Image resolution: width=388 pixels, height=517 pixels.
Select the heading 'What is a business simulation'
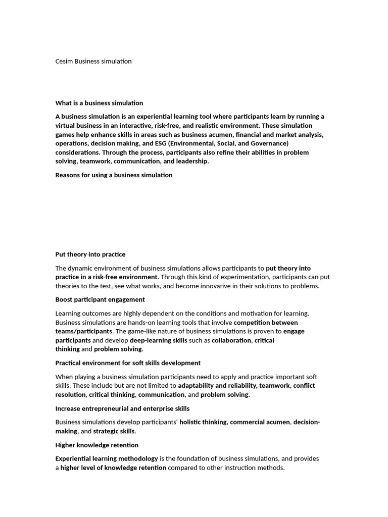coord(99,103)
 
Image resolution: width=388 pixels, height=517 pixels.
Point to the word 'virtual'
coord(65,125)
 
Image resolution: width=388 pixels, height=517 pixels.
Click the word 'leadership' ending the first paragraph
coord(190,161)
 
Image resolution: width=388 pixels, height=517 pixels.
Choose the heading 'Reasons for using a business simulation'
coord(114,175)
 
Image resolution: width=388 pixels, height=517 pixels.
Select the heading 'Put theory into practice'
coord(90,254)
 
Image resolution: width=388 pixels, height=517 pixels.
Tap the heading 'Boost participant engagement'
coord(100,299)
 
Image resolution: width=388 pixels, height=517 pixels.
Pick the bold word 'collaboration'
coord(231,340)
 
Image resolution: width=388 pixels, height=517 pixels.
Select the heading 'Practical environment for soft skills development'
coord(128,363)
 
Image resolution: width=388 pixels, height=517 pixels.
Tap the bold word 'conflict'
coord(304,386)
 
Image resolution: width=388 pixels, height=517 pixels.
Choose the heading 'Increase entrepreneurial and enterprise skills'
coord(122,408)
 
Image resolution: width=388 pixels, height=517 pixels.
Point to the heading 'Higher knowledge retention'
coord(96,445)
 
